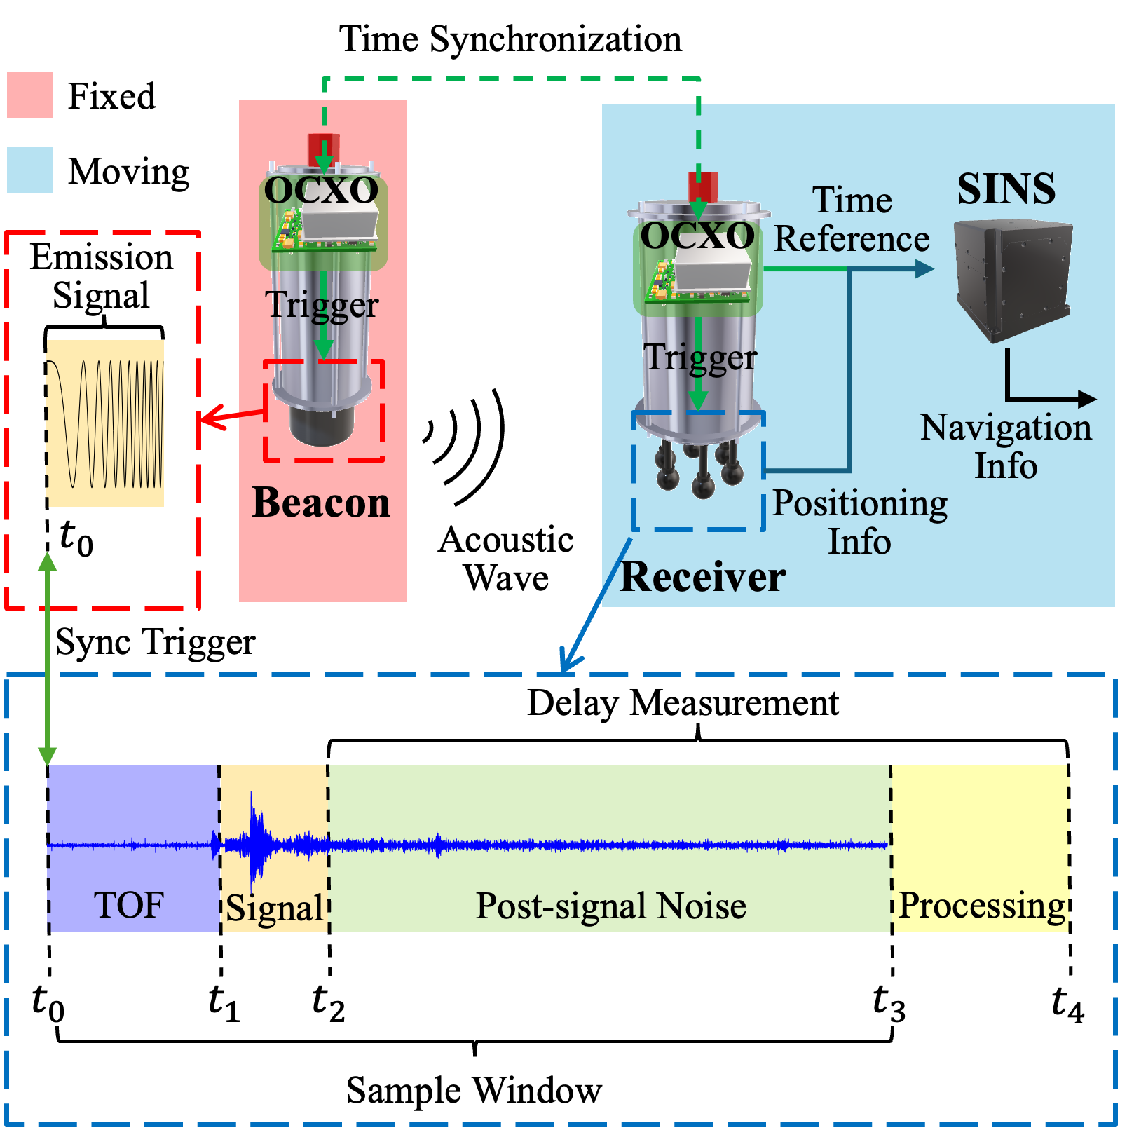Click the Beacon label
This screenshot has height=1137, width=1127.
click(320, 503)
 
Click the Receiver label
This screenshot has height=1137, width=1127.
click(702, 577)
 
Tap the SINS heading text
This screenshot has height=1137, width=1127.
click(1006, 189)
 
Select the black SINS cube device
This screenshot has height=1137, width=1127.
click(1013, 280)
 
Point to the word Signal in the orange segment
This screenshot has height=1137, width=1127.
click(274, 908)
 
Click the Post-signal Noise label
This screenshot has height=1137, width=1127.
click(610, 906)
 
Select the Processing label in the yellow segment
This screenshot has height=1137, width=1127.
click(981, 906)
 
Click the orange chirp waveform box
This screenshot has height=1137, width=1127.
click(106, 423)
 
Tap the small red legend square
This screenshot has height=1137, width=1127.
click(29, 95)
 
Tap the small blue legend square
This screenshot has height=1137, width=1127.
click(29, 170)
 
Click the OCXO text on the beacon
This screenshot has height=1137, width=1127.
click(321, 190)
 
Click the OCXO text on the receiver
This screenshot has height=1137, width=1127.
click(697, 236)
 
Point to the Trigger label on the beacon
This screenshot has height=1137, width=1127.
click(322, 305)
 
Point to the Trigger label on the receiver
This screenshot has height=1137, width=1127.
click(699, 358)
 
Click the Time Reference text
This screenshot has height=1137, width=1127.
click(852, 219)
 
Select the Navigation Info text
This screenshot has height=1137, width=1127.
click(1006, 447)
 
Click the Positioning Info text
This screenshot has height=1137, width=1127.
click(859, 522)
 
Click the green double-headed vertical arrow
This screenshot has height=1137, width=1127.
click(47, 659)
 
